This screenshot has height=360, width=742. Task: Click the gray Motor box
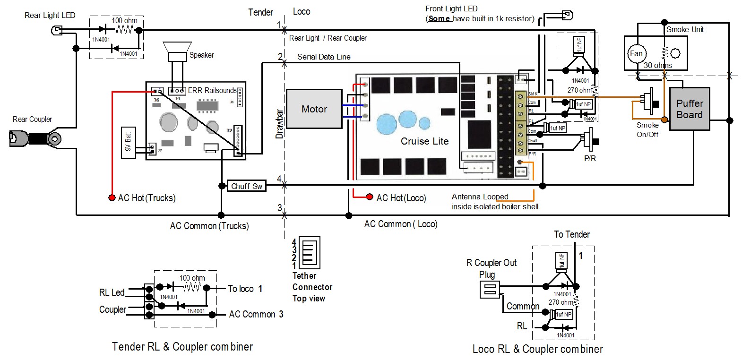click(314, 109)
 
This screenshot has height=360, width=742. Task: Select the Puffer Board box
click(690, 109)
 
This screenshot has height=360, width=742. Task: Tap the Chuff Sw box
click(246, 186)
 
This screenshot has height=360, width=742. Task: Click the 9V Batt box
click(128, 142)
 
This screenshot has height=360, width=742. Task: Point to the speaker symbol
click(177, 51)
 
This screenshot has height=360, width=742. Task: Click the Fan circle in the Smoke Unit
click(636, 53)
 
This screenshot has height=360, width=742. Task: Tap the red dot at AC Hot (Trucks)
click(112, 197)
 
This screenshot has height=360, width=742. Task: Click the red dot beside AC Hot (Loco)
click(370, 197)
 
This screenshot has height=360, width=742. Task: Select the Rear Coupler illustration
click(35, 138)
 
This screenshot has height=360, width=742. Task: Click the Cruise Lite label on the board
click(424, 141)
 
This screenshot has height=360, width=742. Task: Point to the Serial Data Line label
click(324, 57)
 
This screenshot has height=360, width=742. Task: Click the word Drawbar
click(279, 124)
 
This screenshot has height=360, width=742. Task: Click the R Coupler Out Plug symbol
click(489, 290)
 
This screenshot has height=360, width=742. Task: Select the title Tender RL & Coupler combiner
click(182, 347)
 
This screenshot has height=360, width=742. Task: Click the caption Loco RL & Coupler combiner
click(537, 349)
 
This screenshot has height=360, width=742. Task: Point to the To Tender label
click(571, 234)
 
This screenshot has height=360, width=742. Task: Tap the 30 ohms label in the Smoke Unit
click(657, 65)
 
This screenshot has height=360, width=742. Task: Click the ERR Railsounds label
click(212, 90)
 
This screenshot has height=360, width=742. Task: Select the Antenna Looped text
click(480, 197)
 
